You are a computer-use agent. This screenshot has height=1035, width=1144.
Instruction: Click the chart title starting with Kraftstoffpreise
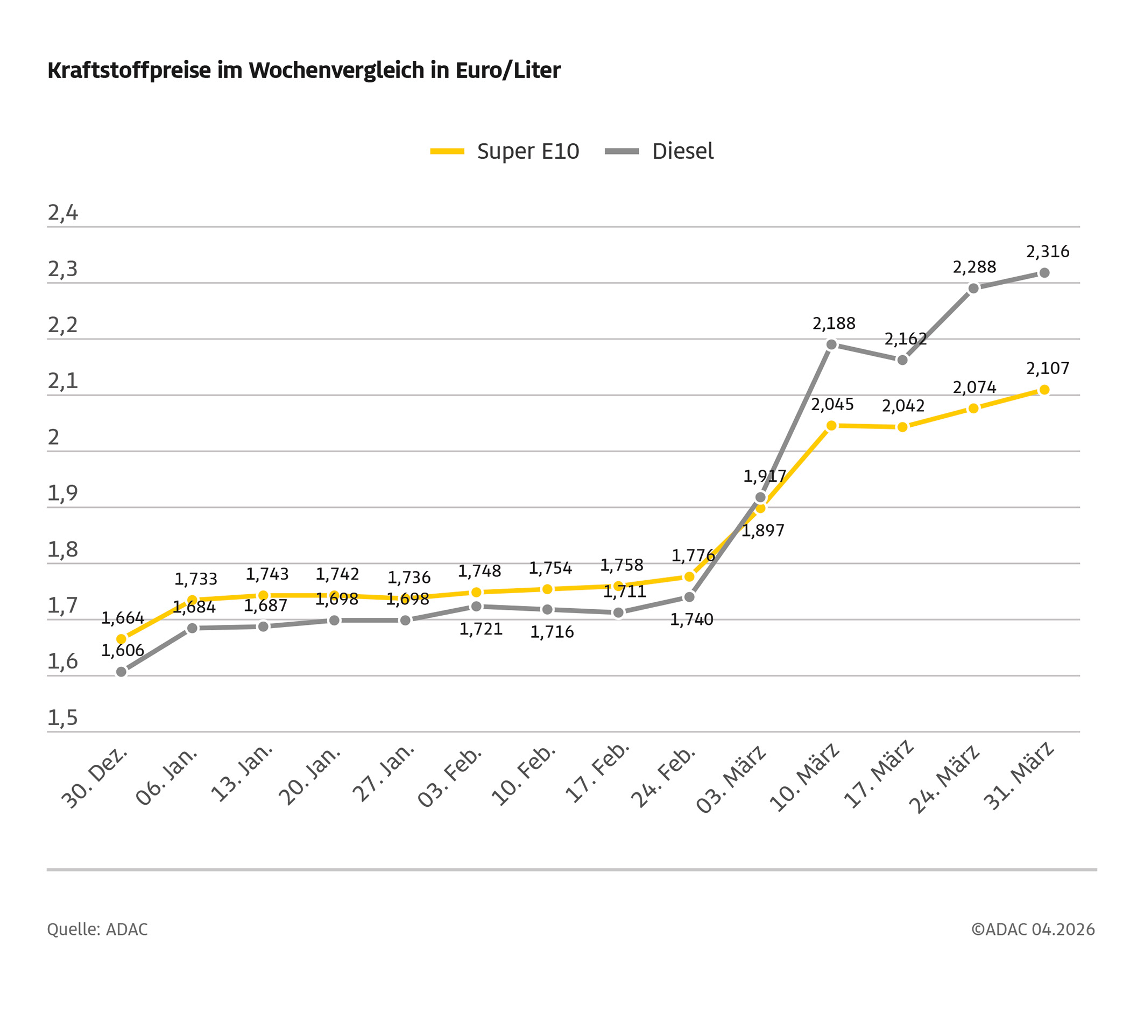click(303, 71)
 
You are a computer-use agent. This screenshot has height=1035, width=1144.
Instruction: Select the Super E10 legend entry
click(505, 151)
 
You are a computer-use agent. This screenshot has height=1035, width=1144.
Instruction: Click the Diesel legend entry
click(659, 151)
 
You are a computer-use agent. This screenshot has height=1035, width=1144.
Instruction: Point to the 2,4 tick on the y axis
click(62, 213)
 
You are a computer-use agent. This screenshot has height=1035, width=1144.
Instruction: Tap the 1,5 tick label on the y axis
click(62, 719)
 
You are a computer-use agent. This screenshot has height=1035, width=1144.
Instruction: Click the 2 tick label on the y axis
click(53, 438)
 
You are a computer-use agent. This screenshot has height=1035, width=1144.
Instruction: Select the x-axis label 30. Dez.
click(95, 777)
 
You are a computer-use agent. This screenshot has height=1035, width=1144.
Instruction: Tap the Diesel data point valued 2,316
click(1044, 273)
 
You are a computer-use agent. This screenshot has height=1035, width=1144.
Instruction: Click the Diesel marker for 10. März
click(831, 344)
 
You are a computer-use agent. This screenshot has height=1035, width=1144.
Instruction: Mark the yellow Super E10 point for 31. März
click(1044, 390)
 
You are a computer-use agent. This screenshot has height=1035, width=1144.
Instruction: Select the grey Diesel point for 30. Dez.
click(122, 672)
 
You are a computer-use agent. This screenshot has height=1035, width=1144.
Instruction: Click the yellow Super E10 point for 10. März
click(831, 426)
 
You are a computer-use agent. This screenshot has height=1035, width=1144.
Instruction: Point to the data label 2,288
click(974, 267)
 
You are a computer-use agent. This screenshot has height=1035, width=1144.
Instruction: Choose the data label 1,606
click(123, 650)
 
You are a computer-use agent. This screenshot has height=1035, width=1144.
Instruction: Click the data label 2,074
click(974, 388)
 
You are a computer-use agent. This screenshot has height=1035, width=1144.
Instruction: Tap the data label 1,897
click(762, 531)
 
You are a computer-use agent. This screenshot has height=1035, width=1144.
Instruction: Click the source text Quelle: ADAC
click(97, 930)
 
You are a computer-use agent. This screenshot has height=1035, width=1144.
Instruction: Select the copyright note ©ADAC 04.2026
click(1033, 930)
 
